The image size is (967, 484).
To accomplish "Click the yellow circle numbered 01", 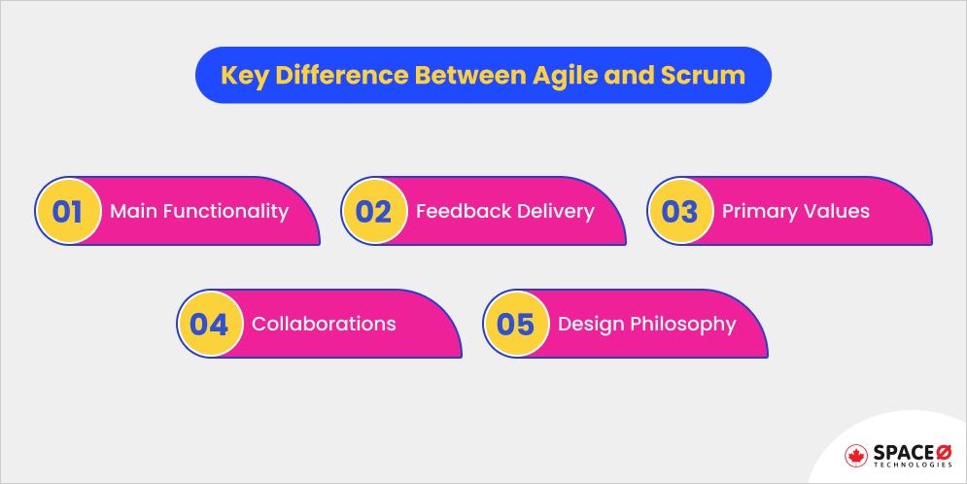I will (67, 211).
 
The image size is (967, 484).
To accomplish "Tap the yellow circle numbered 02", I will (373, 211).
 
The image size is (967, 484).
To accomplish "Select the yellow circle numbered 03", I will (679, 211).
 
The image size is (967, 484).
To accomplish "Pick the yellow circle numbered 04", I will (209, 324).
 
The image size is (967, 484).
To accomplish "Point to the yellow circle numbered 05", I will (515, 324).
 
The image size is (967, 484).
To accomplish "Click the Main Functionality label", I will (199, 211).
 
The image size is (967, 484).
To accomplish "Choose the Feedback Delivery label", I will (504, 211).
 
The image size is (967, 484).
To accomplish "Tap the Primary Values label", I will (795, 211).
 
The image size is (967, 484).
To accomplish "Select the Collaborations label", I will (324, 324).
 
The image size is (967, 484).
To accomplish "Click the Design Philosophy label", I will (646, 324).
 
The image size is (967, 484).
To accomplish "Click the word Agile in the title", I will (555, 75).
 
